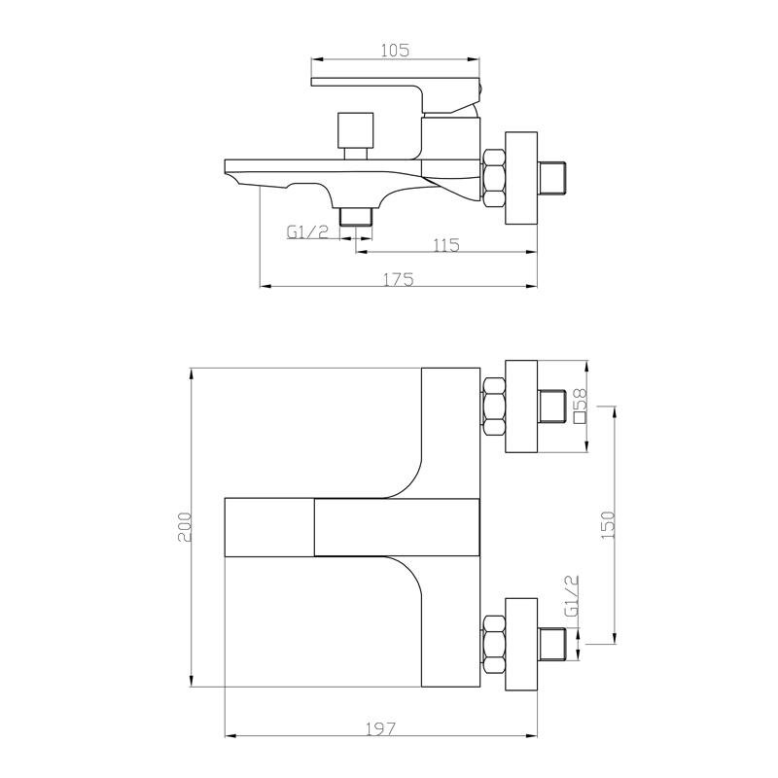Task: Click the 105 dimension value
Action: [395, 51]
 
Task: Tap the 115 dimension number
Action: [446, 245]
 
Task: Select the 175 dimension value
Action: [398, 280]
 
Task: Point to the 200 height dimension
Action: [185, 527]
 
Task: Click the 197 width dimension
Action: [381, 728]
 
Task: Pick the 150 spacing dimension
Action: [609, 525]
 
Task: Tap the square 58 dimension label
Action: [580, 405]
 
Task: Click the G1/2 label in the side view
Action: [307, 231]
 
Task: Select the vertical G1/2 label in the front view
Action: [572, 595]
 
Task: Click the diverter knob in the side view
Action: [355, 136]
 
